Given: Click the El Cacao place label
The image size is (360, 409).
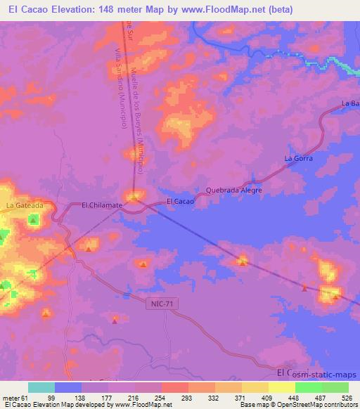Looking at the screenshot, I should (180, 202).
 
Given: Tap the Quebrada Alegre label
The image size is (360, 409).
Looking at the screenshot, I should (233, 190).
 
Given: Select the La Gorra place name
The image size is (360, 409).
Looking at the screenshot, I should (297, 159).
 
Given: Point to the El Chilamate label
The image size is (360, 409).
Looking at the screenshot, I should (103, 204).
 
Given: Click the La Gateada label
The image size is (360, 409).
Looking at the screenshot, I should (25, 205).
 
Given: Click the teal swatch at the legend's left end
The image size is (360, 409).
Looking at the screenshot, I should (41, 387).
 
